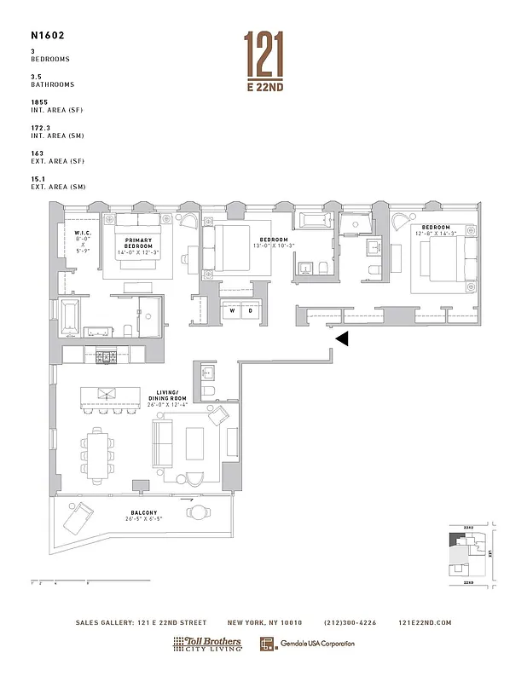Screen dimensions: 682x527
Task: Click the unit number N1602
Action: [x=49, y=36]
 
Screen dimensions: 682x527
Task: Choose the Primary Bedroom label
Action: [x=139, y=244]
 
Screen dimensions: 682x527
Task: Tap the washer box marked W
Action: [x=233, y=310]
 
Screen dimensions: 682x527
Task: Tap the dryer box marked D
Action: [x=251, y=310]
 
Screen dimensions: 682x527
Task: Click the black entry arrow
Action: [x=341, y=338]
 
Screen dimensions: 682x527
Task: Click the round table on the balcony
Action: [x=199, y=512]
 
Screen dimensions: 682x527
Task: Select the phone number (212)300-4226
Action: [x=352, y=622]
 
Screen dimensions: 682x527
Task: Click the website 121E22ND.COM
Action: [x=425, y=622]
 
